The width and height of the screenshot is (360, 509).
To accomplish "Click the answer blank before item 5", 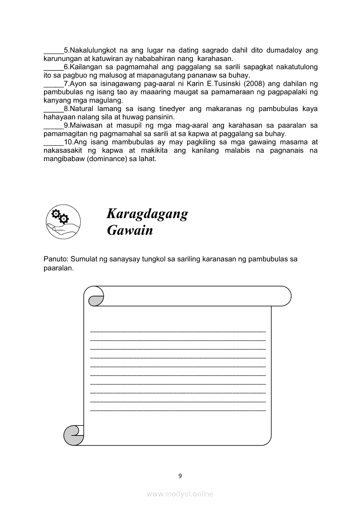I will pos(53,51).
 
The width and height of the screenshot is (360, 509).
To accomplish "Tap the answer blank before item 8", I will pos(53,109).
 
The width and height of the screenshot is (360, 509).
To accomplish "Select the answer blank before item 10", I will pos(53,142).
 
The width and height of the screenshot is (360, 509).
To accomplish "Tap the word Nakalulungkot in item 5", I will pos(90,51).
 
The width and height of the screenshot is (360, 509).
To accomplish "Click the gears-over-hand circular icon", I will pos(63,222).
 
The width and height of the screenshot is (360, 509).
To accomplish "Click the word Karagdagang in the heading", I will pos(147,214).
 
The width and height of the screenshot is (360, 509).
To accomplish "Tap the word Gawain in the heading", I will pos(130,230).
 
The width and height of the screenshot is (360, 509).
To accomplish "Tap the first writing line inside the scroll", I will pos(178,332).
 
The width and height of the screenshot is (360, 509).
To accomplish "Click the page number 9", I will pos(180,476).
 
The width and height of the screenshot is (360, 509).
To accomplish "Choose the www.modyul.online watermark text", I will pos(180,494).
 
